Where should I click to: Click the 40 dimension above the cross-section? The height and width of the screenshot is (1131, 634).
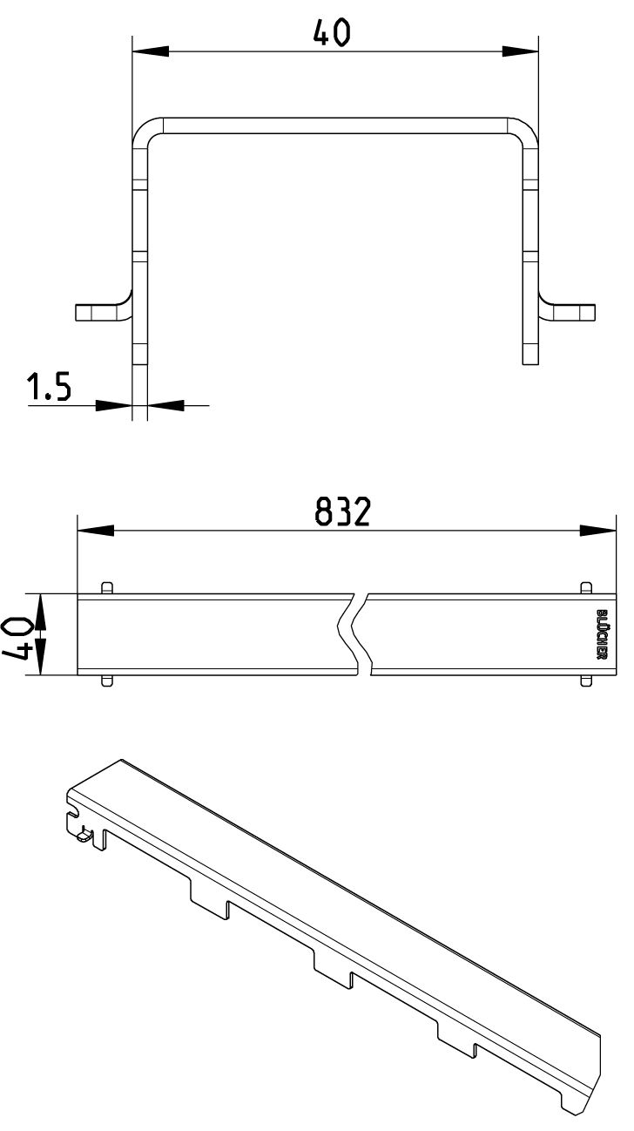click(x=331, y=33)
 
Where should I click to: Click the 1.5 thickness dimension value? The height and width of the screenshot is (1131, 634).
click(x=49, y=387)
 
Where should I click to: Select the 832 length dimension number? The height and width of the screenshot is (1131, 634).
click(x=343, y=511)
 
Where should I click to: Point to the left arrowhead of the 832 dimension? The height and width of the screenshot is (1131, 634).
click(x=96, y=531)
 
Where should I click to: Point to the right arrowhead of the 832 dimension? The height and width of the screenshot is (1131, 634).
click(x=597, y=531)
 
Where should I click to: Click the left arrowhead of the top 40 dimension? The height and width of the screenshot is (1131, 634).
click(x=151, y=51)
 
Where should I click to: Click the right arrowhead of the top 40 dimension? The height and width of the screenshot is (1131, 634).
click(x=520, y=51)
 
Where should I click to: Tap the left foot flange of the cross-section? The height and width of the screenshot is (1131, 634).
click(x=101, y=312)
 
